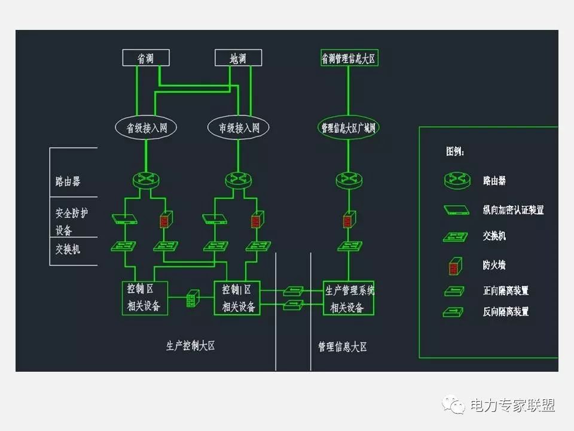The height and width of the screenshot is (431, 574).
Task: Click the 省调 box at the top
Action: point(146,57)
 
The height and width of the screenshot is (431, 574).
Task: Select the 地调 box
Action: point(238,57)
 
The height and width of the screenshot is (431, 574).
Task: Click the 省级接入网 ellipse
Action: point(146,128)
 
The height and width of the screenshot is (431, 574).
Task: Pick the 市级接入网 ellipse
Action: point(238,128)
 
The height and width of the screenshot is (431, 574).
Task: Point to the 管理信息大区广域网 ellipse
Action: point(347,128)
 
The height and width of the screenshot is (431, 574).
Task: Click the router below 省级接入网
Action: point(146,180)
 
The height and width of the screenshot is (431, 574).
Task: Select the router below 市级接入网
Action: point(238,180)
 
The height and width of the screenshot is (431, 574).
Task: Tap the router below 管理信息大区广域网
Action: point(347,178)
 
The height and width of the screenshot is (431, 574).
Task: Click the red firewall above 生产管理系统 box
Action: point(347,220)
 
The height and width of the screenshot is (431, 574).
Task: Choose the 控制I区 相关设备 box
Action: point(237,298)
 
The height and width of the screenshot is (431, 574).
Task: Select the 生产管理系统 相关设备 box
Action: point(349,298)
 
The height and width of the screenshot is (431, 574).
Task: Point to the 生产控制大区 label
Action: point(190,345)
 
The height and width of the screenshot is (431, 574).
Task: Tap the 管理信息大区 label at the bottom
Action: point(343,347)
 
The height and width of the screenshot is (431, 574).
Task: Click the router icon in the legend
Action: point(457,180)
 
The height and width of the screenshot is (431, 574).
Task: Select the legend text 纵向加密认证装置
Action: point(513,210)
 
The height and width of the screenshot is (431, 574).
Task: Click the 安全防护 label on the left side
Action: point(71,213)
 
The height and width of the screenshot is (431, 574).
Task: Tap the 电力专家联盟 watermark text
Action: point(512,405)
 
